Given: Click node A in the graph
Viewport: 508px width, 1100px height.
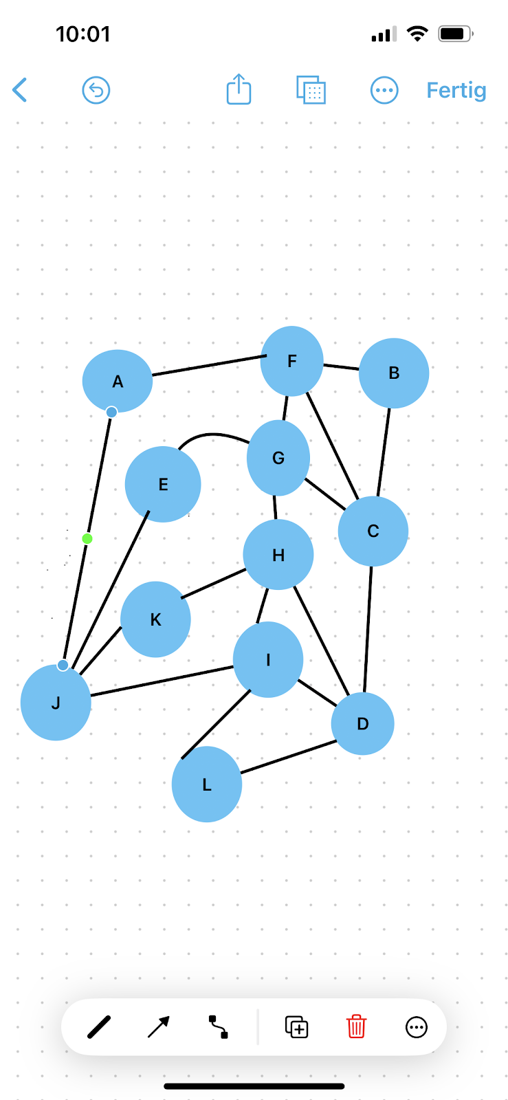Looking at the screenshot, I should pyautogui.click(x=118, y=381).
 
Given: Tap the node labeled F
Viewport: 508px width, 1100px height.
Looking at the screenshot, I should pyautogui.click(x=291, y=361).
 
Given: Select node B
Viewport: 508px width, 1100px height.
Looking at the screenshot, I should pyautogui.click(x=394, y=373).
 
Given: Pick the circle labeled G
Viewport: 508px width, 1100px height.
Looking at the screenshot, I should pyautogui.click(x=278, y=458).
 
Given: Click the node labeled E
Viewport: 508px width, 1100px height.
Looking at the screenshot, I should pyautogui.click(x=163, y=484).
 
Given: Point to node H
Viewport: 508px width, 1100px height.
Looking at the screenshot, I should pyautogui.click(x=278, y=555).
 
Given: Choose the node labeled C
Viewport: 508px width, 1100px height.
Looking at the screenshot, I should pyautogui.click(x=373, y=531).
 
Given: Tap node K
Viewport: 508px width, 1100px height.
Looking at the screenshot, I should pyautogui.click(x=155, y=619).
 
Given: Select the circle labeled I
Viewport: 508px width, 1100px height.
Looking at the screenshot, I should pyautogui.click(x=268, y=660).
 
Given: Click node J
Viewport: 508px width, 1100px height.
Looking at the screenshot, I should pyautogui.click(x=56, y=703).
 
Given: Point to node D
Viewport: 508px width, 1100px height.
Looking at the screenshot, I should pyautogui.click(x=362, y=723).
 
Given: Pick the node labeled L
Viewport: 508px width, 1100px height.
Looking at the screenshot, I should pyautogui.click(x=206, y=784).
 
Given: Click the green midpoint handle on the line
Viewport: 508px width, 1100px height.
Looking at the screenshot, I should pyautogui.click(x=87, y=538).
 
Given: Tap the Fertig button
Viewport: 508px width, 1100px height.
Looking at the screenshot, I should pyautogui.click(x=456, y=90).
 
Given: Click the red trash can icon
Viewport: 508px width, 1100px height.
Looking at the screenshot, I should pyautogui.click(x=356, y=1027).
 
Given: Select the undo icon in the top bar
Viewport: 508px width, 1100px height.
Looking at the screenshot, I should pyautogui.click(x=96, y=90).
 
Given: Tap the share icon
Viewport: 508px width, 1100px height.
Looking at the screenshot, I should pyautogui.click(x=239, y=89).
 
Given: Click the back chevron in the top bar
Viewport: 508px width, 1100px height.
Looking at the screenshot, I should pyautogui.click(x=20, y=90).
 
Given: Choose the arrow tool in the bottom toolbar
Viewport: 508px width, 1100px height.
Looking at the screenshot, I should pyautogui.click(x=159, y=1027).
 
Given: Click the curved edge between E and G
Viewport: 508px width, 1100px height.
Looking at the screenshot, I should pyautogui.click(x=213, y=434).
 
